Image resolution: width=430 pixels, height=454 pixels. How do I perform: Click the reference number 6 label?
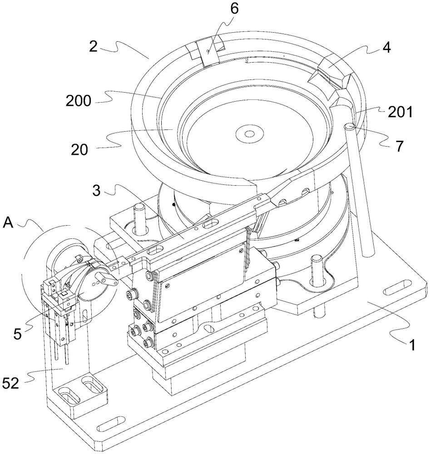point(234,9)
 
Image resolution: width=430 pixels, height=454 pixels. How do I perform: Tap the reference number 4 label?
point(386,48)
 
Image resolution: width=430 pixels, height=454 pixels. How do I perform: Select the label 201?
point(400,112)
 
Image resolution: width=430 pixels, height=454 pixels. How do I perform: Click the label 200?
point(78,101)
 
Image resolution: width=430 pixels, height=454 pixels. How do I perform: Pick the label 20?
point(79,150)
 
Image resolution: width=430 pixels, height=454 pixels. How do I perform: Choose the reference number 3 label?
point(96,191)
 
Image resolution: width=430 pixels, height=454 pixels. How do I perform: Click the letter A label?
point(8,223)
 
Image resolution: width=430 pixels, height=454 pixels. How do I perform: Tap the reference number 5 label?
point(17,335)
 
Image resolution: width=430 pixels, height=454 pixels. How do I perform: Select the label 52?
point(11,384)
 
